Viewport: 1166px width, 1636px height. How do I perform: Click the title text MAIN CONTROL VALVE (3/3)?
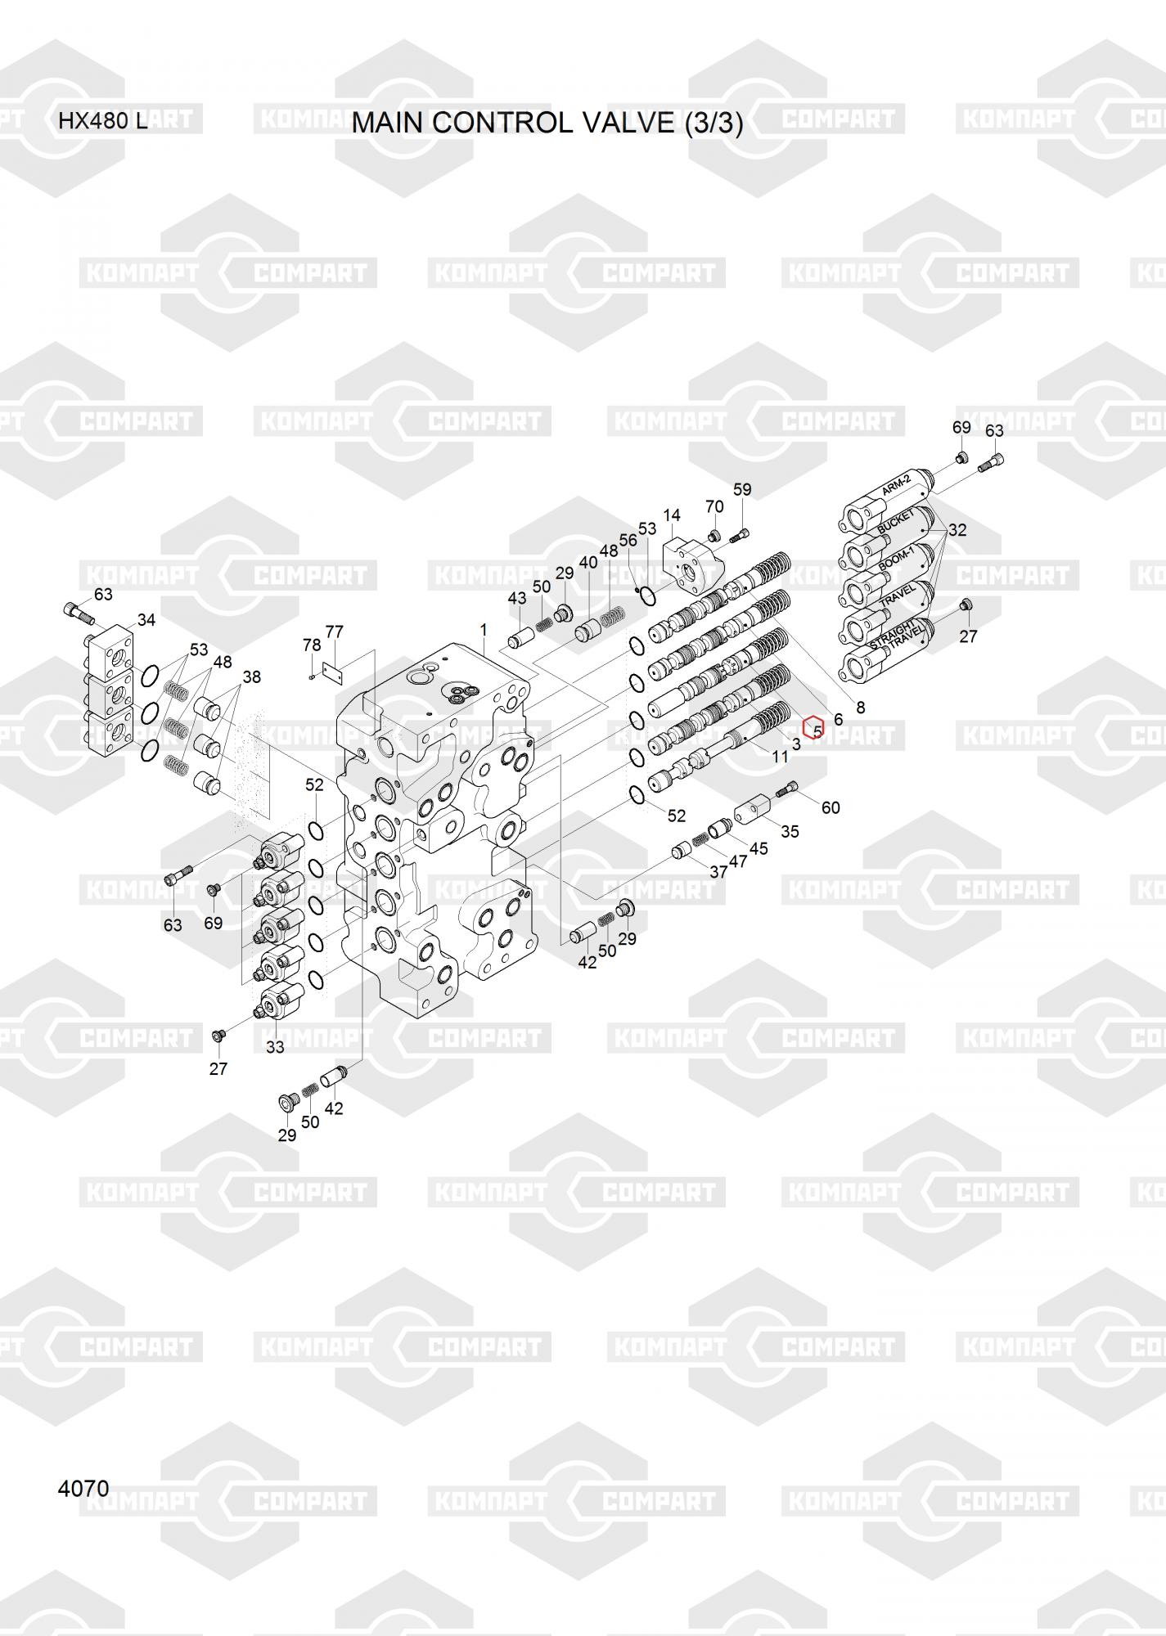click(547, 123)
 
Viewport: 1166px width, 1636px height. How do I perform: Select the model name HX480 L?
click(102, 122)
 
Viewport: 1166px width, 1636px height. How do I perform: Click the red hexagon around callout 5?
click(814, 727)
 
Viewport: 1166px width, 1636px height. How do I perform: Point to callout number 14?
click(671, 515)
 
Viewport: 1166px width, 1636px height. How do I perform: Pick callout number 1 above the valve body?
click(484, 629)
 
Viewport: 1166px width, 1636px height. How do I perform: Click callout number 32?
click(957, 530)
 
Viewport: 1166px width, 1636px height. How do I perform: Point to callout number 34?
click(146, 620)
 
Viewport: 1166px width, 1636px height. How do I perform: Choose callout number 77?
click(334, 631)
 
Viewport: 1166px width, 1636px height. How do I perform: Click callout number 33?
click(275, 1047)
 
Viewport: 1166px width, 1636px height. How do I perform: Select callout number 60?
click(830, 807)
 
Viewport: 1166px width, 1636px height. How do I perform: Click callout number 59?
click(741, 490)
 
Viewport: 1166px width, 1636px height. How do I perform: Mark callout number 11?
click(780, 757)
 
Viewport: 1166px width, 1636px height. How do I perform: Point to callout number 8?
click(860, 708)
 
